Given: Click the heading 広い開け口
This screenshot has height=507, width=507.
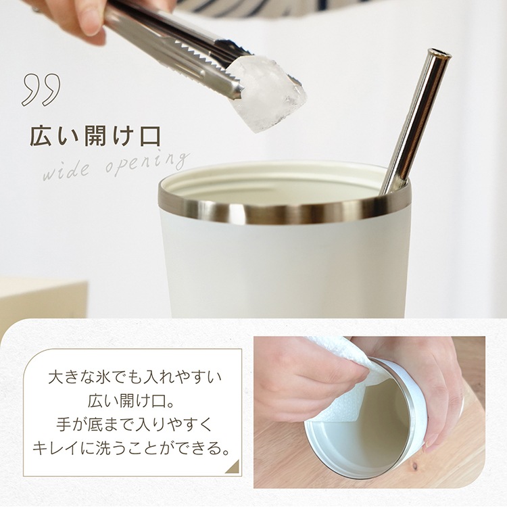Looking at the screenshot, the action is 95,137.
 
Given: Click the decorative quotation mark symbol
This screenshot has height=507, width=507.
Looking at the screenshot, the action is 41,89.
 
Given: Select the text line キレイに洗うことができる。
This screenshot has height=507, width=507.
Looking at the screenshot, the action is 132,449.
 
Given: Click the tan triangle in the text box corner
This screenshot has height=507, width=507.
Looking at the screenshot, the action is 234,468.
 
